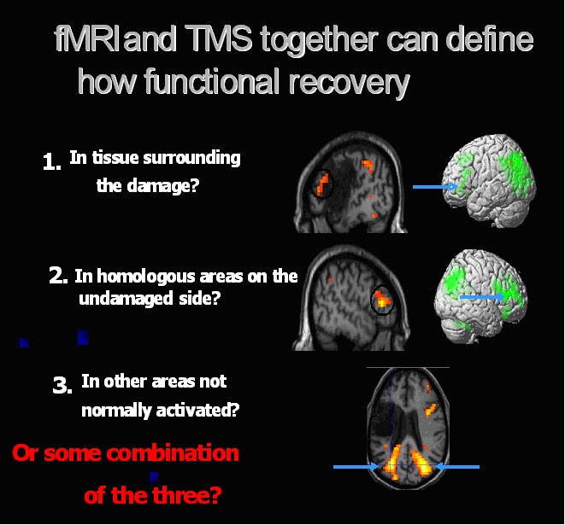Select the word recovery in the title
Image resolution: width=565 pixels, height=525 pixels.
pyautogui.click(x=349, y=84)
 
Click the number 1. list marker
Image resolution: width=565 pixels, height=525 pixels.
pyautogui.click(x=51, y=162)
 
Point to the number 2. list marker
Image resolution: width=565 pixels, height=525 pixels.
pyautogui.click(x=58, y=277)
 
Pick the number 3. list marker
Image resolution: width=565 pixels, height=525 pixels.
pyautogui.click(x=62, y=385)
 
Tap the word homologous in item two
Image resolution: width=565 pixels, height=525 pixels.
pyautogui.click(x=146, y=277)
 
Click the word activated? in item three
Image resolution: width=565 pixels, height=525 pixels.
pyautogui.click(x=197, y=411)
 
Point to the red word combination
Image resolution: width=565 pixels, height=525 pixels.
pyautogui.click(x=173, y=453)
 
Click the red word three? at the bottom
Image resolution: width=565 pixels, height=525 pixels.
pyautogui.click(x=186, y=495)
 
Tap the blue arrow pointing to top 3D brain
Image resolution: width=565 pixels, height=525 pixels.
pyautogui.click(x=435, y=187)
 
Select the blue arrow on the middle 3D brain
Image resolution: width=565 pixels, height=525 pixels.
pyautogui.click(x=483, y=297)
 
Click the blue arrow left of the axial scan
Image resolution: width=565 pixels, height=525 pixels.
pyautogui.click(x=356, y=467)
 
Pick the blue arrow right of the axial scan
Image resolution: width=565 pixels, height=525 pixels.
pyautogui.click(x=457, y=467)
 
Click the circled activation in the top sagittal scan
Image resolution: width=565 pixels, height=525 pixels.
pyautogui.click(x=322, y=184)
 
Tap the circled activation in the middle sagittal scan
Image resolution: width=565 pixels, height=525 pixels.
pyautogui.click(x=382, y=300)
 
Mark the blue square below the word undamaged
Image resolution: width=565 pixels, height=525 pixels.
pyautogui.click(x=83, y=337)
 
